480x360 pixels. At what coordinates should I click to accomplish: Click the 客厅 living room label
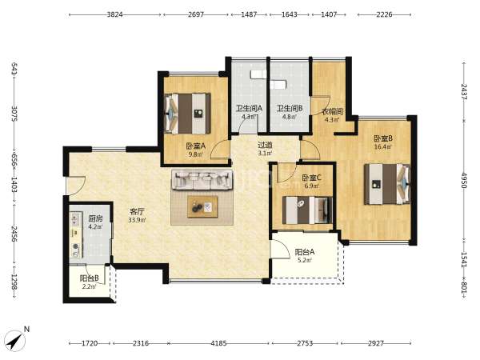click(137, 211)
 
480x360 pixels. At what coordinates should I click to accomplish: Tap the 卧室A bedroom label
click(196, 146)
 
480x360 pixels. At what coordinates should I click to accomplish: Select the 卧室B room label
click(383, 138)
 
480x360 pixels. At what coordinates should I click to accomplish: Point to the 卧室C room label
click(311, 178)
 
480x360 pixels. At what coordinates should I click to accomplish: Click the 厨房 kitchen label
click(95, 218)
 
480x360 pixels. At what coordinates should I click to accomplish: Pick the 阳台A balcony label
click(305, 252)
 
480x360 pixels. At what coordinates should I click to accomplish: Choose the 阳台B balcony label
click(89, 278)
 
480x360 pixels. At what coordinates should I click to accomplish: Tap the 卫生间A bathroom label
click(249, 108)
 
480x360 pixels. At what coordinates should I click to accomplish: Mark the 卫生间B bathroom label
click(290, 108)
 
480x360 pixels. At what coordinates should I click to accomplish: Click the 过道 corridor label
click(265, 145)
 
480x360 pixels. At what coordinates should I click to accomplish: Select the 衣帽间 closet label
click(332, 111)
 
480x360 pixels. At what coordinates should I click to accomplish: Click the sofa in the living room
click(202, 180)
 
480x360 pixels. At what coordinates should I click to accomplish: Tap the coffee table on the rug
click(202, 207)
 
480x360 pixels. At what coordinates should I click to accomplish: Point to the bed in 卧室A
click(188, 114)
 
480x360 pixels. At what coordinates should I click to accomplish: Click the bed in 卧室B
click(387, 184)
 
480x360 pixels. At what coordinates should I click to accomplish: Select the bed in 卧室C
click(307, 210)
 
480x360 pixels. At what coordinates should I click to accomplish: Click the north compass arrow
click(15, 341)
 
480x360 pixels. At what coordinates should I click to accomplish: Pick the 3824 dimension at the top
click(114, 14)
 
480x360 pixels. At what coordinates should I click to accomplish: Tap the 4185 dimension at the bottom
click(218, 343)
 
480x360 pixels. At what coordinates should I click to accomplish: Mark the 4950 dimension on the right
click(465, 181)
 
